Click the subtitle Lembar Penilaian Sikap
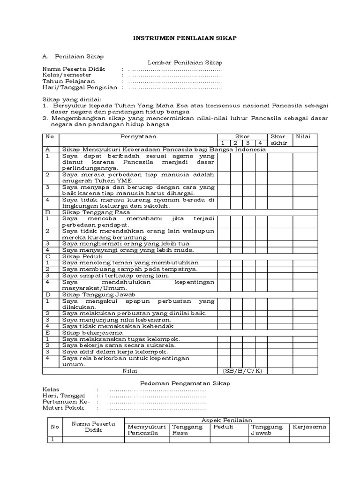(185, 62)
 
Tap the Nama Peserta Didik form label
(74, 69)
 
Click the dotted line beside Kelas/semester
(175, 75)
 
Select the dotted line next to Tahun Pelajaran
(175, 82)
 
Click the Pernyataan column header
(138, 136)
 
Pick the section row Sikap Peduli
(78, 256)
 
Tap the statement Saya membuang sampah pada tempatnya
(123, 269)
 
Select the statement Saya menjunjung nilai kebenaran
(117, 320)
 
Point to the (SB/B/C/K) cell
(241, 371)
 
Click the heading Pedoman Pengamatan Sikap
(185, 383)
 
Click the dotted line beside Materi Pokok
(157, 408)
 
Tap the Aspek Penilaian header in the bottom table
(226, 420)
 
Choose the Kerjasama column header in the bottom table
(309, 427)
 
